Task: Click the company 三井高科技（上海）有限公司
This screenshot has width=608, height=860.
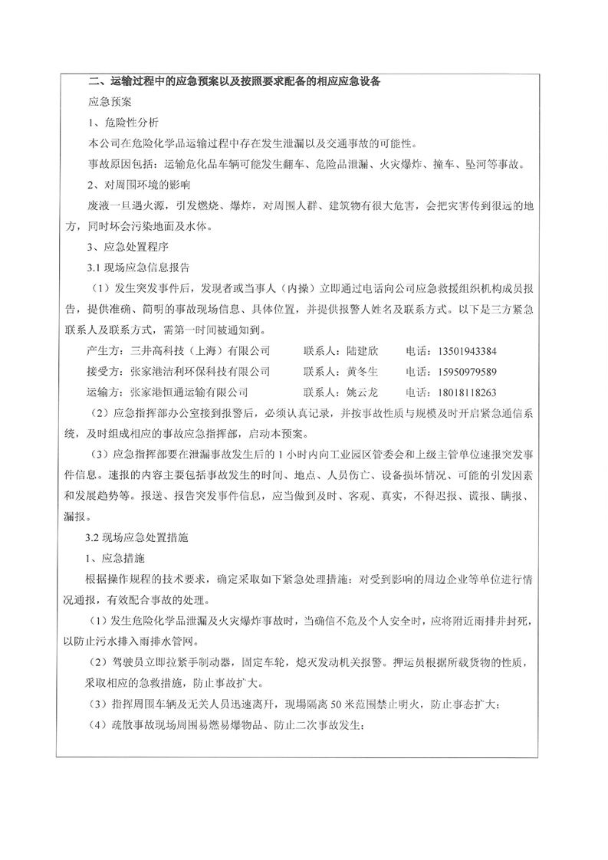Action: tap(201, 351)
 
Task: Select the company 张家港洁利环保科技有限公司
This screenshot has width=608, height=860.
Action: tap(201, 372)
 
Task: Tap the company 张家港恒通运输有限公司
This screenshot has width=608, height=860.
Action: tap(190, 392)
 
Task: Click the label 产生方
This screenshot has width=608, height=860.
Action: tap(104, 351)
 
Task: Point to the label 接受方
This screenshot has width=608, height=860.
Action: tap(104, 372)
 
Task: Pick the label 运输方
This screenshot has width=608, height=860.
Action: tap(104, 392)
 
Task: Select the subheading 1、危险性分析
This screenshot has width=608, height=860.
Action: tap(123, 122)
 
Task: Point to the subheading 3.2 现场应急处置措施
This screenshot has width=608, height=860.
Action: tap(139, 538)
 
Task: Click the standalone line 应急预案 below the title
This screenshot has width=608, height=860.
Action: tap(110, 101)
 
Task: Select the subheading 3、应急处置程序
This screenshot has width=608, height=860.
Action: tap(129, 248)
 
